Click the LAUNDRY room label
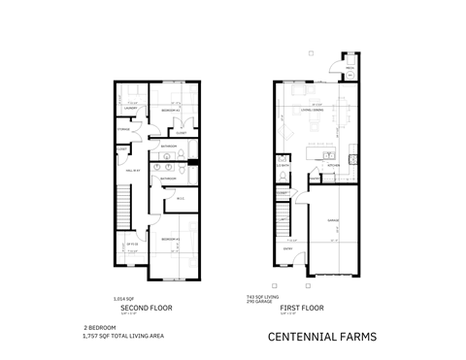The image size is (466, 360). click(x=125, y=109)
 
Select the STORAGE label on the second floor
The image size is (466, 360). click(x=124, y=129)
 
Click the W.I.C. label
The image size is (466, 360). click(x=180, y=201)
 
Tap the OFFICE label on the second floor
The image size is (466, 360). click(x=132, y=245)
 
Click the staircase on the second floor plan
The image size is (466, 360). click(x=123, y=210)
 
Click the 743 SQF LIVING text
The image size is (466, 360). click(x=289, y=297)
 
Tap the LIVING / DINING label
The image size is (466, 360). click(x=311, y=110)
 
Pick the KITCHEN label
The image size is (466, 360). click(x=330, y=165)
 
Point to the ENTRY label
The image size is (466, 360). click(x=287, y=247)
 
